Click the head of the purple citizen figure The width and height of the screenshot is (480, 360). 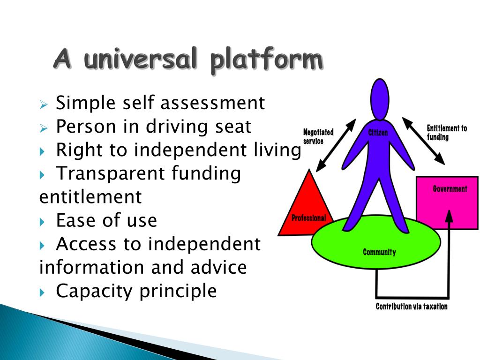coord(380,99)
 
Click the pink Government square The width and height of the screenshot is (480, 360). coord(447,202)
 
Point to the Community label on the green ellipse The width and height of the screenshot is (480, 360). coord(379,252)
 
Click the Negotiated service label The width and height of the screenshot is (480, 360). coord(318,136)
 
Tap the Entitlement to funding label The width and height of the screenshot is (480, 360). coord(446,133)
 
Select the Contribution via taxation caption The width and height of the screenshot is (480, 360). coord(412,307)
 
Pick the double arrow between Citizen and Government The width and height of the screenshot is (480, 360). coord(423,141)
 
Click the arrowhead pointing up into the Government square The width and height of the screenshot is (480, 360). coord(449,216)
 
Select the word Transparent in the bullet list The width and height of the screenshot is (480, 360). coord(111,173)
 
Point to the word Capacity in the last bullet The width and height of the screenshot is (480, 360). coord(94,291)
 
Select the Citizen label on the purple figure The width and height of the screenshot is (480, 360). coord(378,133)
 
